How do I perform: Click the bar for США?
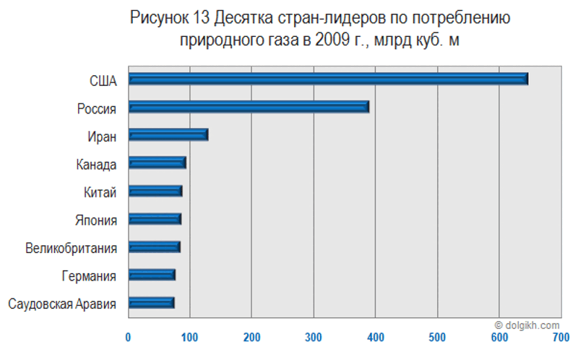[329, 79]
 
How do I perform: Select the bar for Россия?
[249, 107]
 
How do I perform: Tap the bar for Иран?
[168, 135]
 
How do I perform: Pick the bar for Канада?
[158, 163]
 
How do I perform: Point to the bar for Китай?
[155, 192]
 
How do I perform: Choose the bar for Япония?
[155, 219]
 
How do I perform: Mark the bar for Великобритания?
[155, 247]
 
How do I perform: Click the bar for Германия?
[152, 275]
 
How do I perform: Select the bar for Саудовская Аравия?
[151, 303]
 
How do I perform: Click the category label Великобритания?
[71, 248]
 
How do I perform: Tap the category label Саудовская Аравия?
[62, 304]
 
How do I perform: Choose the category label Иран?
[101, 135]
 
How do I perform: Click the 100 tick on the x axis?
[190, 337]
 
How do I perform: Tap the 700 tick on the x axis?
[560, 337]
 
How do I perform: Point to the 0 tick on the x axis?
[129, 337]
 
